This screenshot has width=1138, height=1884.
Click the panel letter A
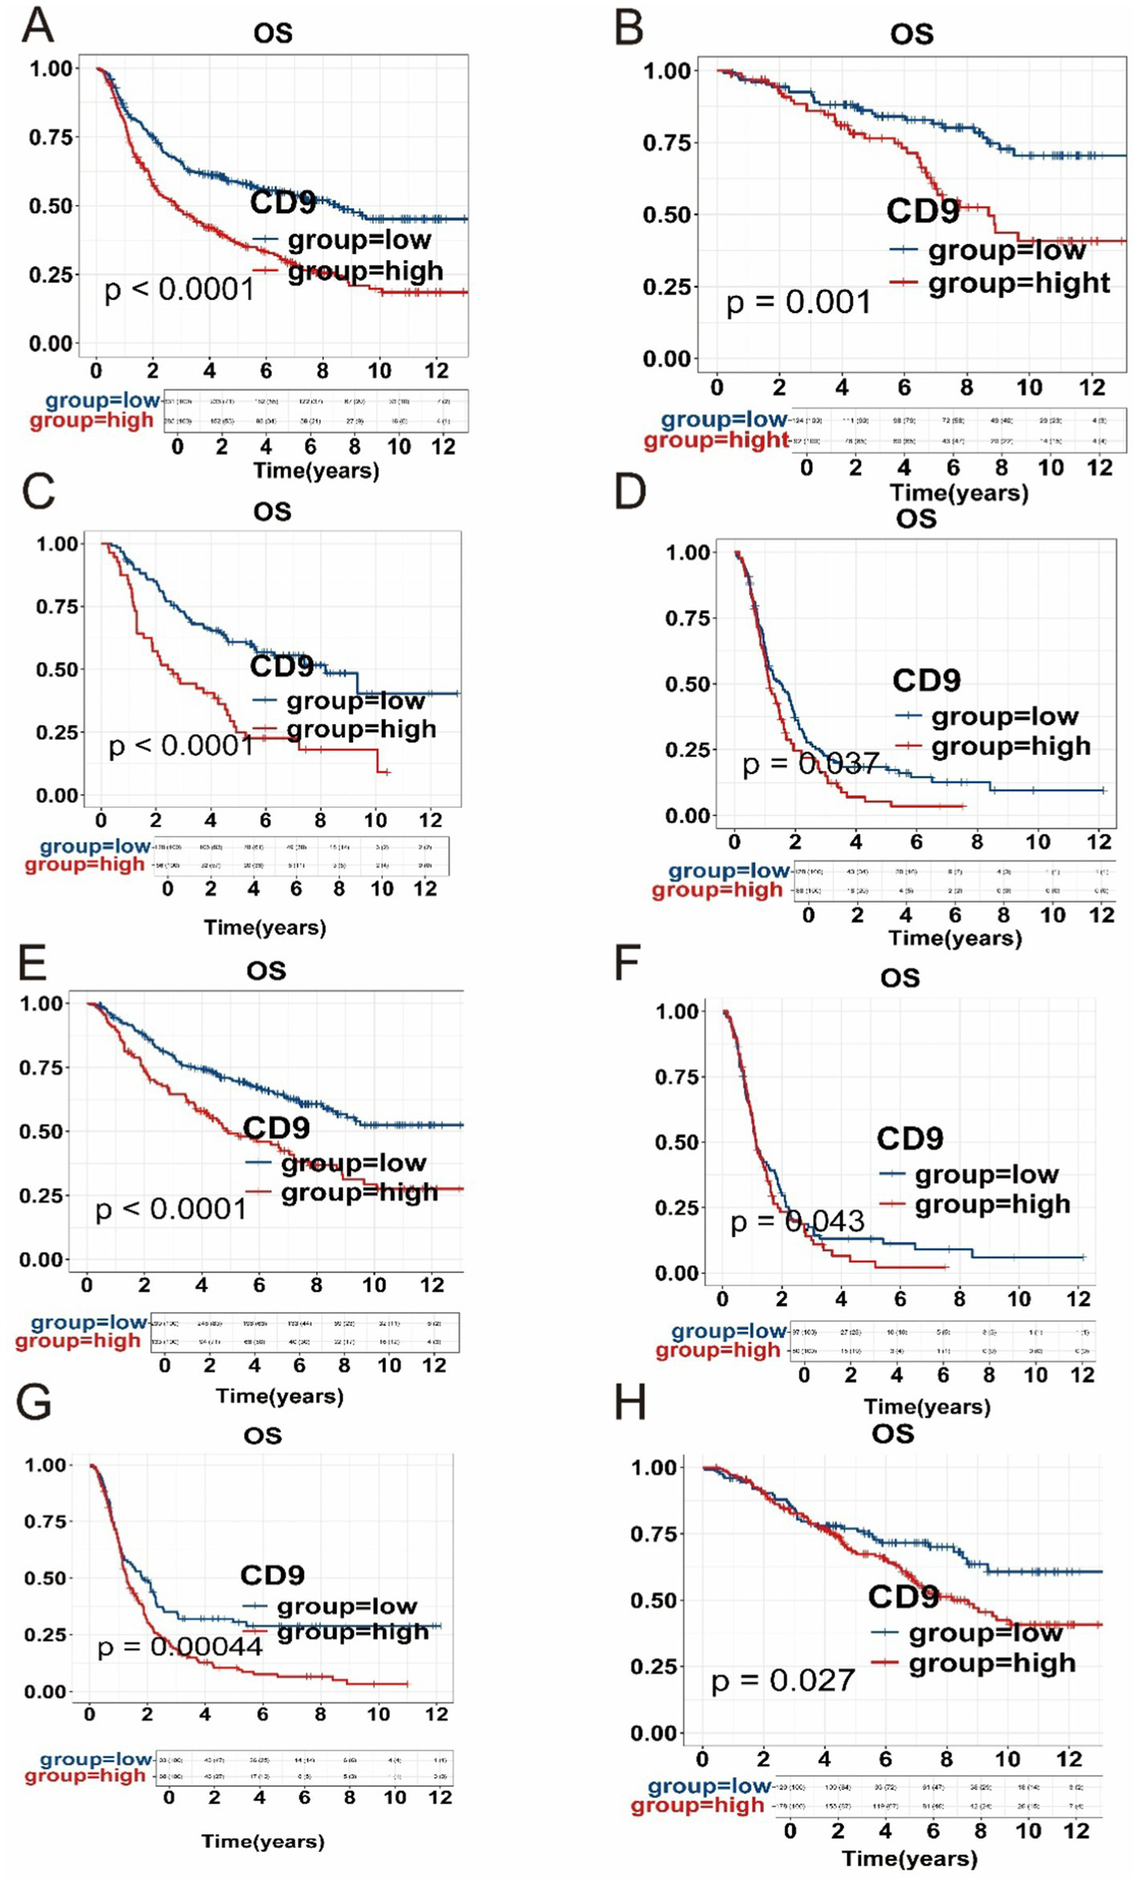coord(37,26)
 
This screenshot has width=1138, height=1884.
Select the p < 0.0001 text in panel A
coord(179,290)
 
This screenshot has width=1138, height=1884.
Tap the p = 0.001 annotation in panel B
coord(798,302)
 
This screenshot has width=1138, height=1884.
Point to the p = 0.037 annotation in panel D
coord(811,763)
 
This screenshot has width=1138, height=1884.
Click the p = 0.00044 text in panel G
coord(180,1647)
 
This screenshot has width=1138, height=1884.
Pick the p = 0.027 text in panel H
coord(782,1680)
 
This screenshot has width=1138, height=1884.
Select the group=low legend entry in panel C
coord(355,700)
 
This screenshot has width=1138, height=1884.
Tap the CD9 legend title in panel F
coord(909,1138)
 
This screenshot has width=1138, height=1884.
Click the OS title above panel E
coord(266,971)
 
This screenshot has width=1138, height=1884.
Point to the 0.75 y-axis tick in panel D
coord(688,618)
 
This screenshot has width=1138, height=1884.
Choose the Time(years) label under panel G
coord(262,1841)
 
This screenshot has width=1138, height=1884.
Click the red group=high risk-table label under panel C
coord(85,864)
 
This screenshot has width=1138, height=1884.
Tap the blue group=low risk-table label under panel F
coord(729,1331)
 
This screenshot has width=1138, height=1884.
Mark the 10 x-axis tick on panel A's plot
coord(379,371)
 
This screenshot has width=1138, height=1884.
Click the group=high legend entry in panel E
coord(359,1192)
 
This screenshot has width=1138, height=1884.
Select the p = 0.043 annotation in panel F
coord(797,1221)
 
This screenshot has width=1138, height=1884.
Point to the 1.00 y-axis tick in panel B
coord(667,71)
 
